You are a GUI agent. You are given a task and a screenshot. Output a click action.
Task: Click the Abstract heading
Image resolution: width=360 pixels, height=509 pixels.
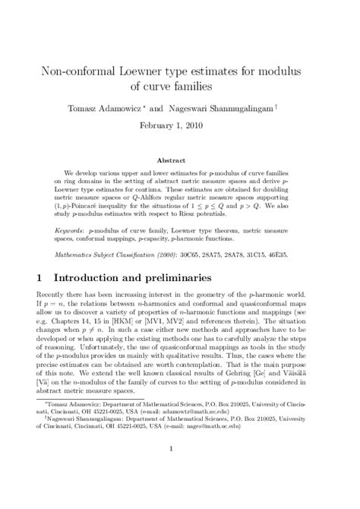180,161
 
